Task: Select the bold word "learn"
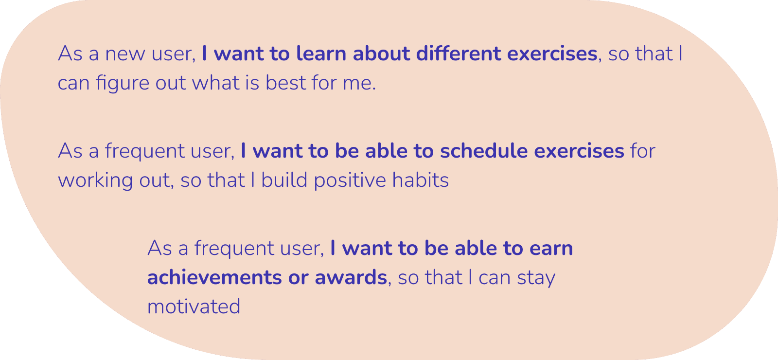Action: click(321, 54)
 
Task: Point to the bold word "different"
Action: click(459, 54)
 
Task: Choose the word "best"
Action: click(286, 83)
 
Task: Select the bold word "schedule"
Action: click(484, 151)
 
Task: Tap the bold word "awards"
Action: click(351, 278)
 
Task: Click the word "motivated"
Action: click(194, 307)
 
